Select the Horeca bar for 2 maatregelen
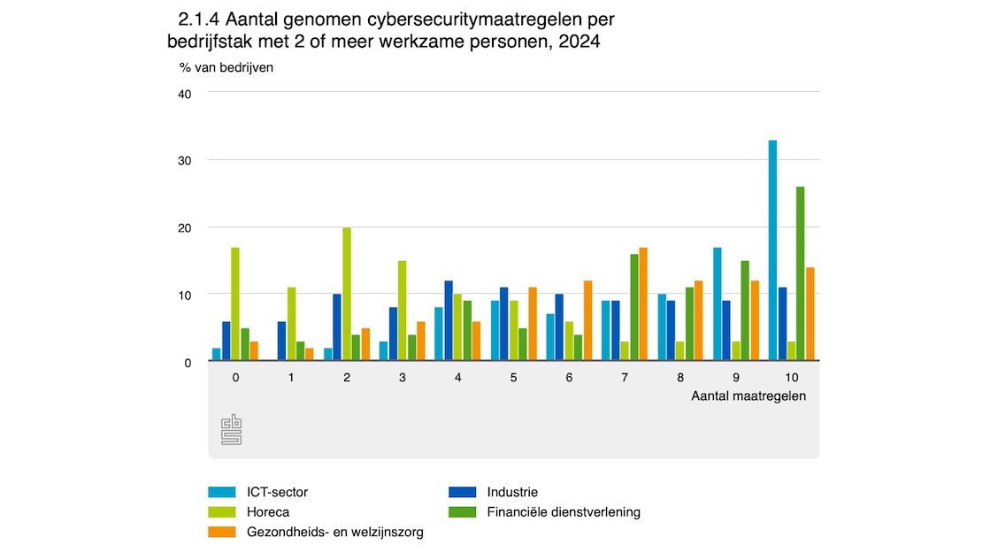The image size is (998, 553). tap(347, 294)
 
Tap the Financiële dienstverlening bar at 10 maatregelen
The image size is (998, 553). tap(801, 273)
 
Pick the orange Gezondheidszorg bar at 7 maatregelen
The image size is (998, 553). tap(642, 303)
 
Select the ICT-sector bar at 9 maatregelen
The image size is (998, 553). tap(717, 303)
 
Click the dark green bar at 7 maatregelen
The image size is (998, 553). tap(633, 307)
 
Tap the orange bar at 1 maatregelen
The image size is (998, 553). tap(309, 355)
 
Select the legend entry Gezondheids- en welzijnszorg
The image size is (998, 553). tap(334, 532)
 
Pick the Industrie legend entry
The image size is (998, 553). tap(512, 492)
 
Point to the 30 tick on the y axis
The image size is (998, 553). tap(184, 160)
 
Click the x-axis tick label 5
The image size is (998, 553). tap(513, 377)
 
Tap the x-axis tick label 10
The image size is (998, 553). tap(791, 377)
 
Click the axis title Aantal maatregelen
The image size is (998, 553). tap(748, 396)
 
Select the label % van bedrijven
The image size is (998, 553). tap(226, 68)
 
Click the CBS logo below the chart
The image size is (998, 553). tap(231, 430)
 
